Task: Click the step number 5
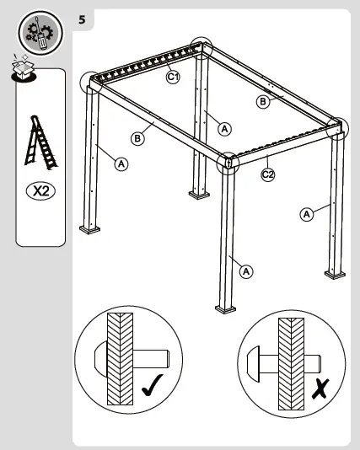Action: click(x=82, y=19)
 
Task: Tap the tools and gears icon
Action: click(x=40, y=34)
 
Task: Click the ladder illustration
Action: click(x=40, y=142)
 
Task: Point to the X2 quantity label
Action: click(x=40, y=190)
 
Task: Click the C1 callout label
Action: click(x=173, y=77)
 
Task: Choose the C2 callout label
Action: click(x=268, y=174)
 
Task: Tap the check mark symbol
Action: click(x=153, y=385)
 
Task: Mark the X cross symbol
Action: click(x=320, y=388)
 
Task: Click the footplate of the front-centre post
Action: click(x=226, y=309)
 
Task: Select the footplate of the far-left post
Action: click(x=89, y=229)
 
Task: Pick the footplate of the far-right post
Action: click(x=335, y=275)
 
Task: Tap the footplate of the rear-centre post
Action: click(x=199, y=196)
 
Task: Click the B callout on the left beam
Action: click(x=137, y=138)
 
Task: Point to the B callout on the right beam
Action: click(x=263, y=102)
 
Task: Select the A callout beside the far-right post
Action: click(x=307, y=214)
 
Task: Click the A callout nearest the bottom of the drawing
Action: click(x=246, y=271)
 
